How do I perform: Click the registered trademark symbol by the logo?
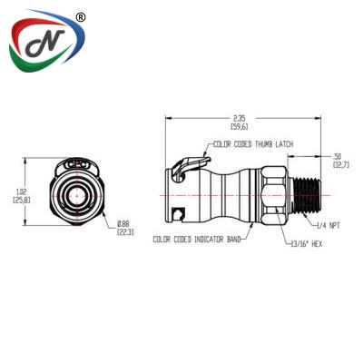click(x=81, y=17)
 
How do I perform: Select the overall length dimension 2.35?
click(x=239, y=118)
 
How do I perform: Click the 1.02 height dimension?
click(x=23, y=191)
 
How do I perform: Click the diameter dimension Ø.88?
click(x=123, y=224)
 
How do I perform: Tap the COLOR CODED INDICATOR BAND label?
click(x=195, y=240)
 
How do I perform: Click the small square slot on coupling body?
click(x=180, y=213)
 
